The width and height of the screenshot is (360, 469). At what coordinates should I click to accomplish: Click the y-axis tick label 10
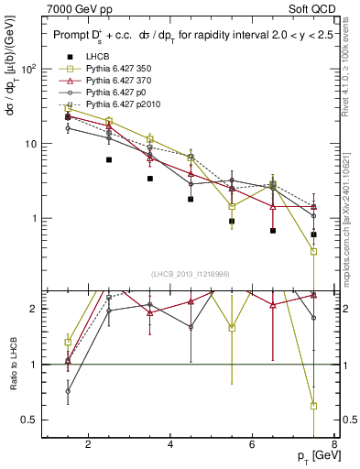31,144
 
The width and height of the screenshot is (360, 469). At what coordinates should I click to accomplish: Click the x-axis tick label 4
171,445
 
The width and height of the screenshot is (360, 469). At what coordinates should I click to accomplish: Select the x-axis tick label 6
254,445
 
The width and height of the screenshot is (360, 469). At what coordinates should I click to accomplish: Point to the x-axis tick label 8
336,445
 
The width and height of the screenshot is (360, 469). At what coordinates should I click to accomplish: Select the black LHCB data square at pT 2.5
109,159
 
